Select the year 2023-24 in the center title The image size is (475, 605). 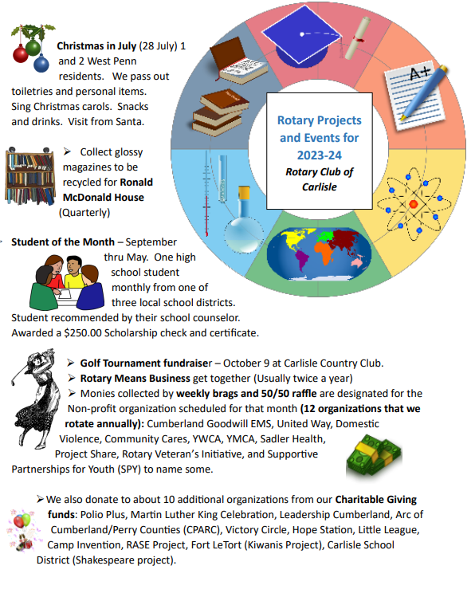tap(318, 154)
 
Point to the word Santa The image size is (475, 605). tap(127, 122)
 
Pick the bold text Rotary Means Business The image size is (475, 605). tap(135, 377)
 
